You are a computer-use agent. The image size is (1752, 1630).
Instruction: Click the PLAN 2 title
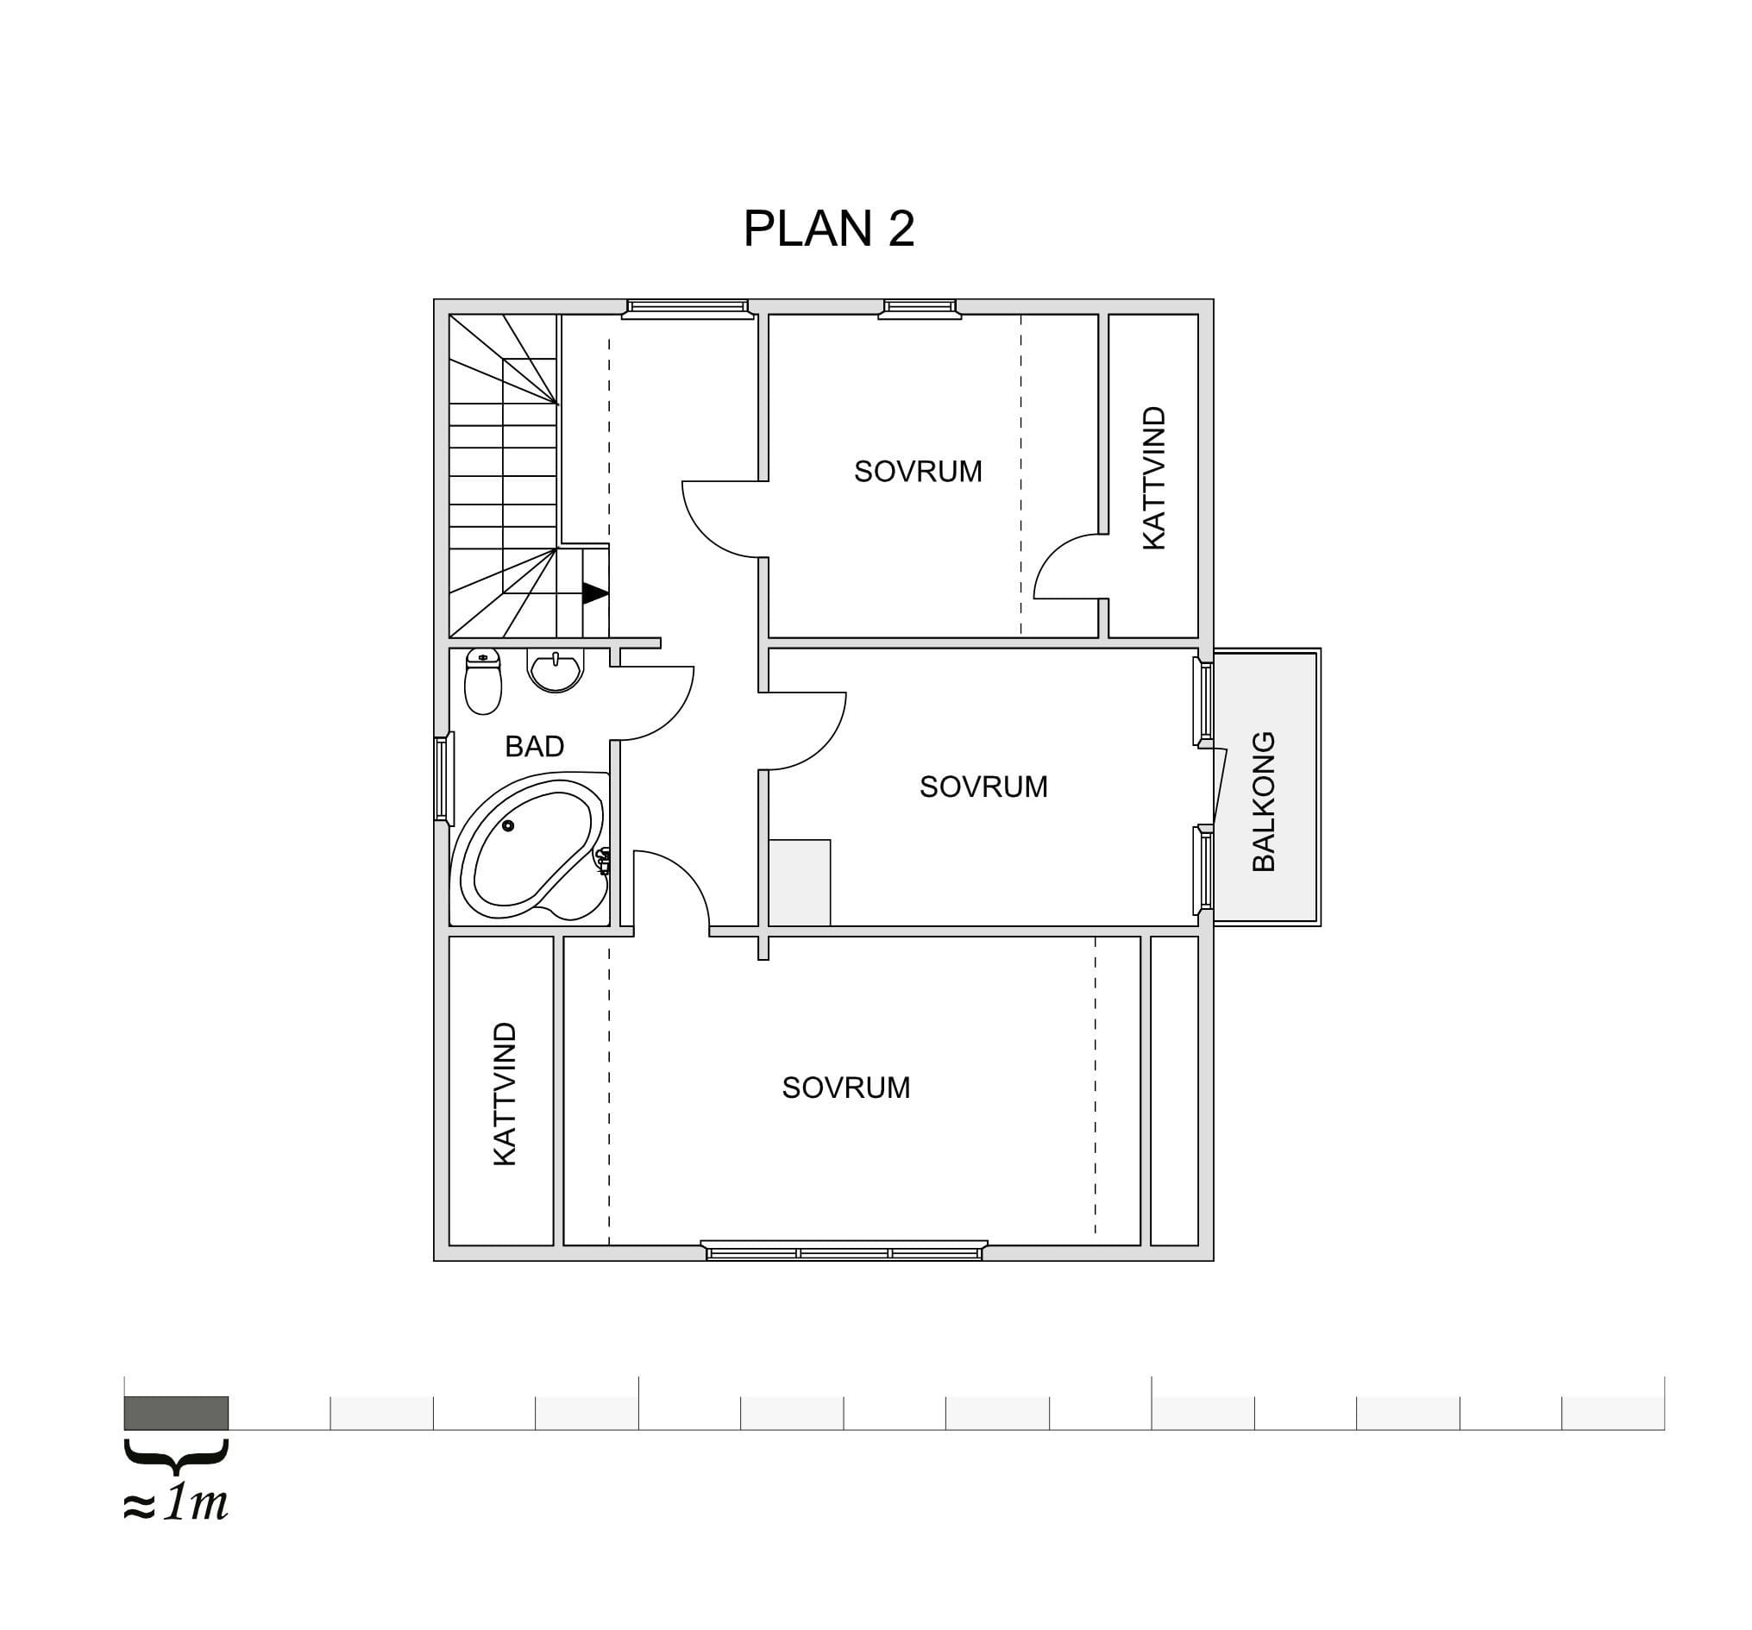(828, 229)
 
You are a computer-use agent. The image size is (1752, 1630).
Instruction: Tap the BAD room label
(534, 746)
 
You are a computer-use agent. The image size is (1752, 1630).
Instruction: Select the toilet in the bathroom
(483, 680)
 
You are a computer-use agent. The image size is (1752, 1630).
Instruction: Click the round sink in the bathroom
(556, 670)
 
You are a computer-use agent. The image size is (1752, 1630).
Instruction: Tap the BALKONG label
(1264, 801)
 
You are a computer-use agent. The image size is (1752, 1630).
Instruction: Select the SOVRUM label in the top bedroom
(918, 472)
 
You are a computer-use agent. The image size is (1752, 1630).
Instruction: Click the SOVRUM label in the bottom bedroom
(846, 1088)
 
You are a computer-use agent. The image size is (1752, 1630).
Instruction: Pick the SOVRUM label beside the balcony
(983, 786)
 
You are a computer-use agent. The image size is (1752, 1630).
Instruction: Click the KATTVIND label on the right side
(1153, 478)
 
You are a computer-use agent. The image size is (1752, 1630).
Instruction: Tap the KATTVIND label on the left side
(504, 1094)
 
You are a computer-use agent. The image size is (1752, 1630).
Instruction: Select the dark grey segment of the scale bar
(176, 1413)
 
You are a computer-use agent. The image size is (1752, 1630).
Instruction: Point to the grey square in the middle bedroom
(800, 882)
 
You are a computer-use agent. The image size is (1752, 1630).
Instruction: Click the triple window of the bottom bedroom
(845, 1251)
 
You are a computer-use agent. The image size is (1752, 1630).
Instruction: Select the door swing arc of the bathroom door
(653, 703)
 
